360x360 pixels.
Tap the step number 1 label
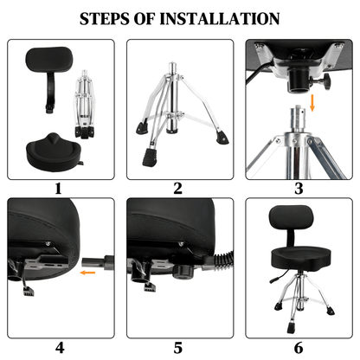click(58, 188)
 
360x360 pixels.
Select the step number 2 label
click(177, 188)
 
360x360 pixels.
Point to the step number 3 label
click(299, 188)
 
